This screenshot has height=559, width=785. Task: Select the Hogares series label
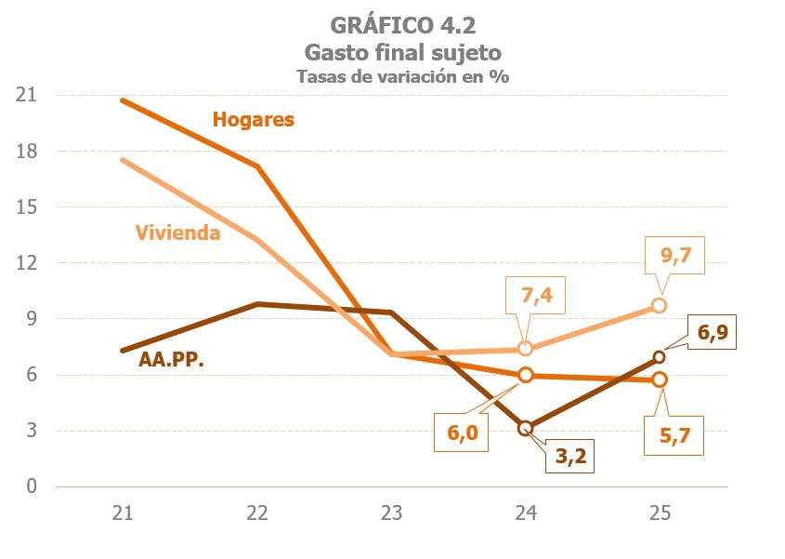coord(253,120)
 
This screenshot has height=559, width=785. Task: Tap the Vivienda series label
coord(177,233)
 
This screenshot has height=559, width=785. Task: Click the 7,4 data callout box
coord(535,297)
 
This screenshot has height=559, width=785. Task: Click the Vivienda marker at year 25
coord(659,305)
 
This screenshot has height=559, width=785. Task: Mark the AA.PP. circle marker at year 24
coord(525,428)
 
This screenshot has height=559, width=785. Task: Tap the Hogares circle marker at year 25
coord(659,379)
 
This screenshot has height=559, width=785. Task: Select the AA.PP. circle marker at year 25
coord(659,357)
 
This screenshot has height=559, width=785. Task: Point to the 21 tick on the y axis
coord(25,96)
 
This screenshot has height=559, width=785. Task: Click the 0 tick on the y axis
coord(30,486)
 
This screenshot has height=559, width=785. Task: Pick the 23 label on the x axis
coord(391,512)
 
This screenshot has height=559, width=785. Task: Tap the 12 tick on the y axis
coord(25,263)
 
